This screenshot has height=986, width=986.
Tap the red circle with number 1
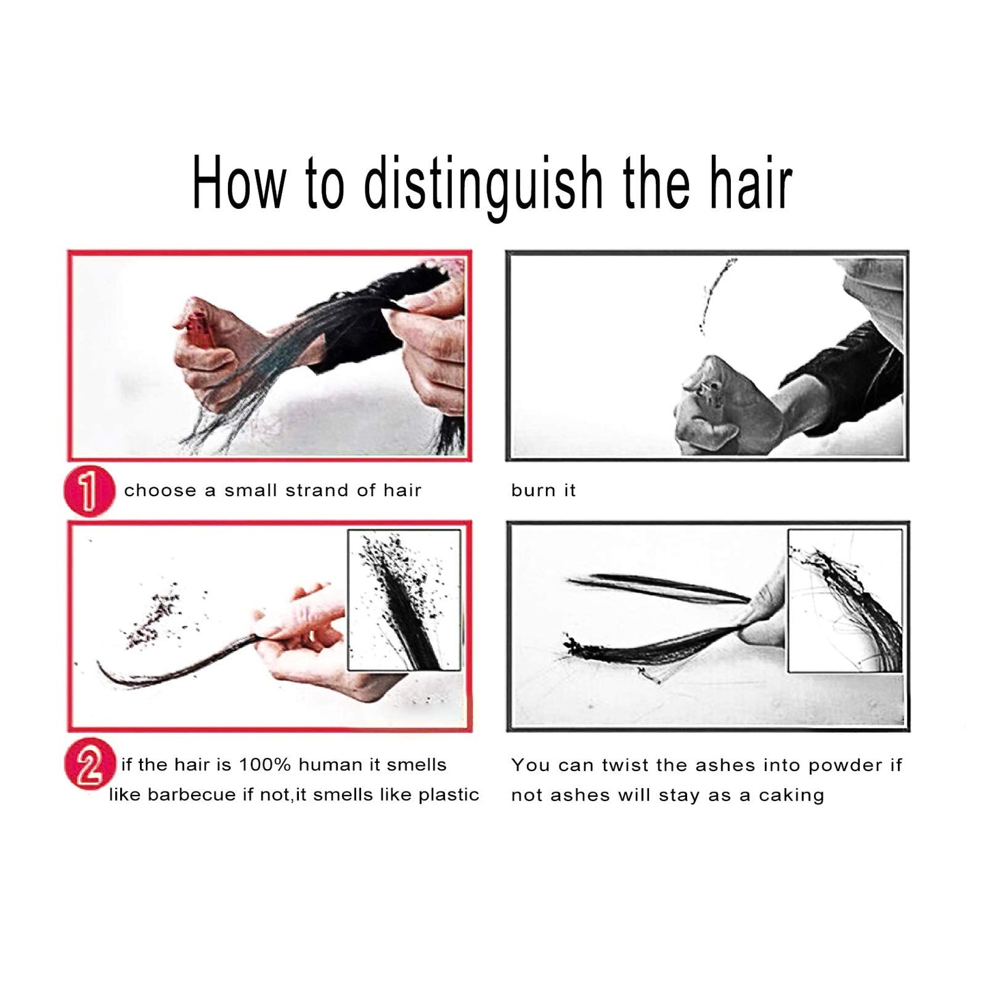click(x=89, y=491)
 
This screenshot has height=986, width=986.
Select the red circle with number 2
click(x=89, y=764)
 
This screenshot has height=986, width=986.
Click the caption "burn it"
click(x=543, y=490)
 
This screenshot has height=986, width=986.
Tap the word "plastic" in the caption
click(x=449, y=795)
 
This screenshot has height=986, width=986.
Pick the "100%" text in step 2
click(x=265, y=765)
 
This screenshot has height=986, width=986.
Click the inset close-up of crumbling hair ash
click(x=404, y=600)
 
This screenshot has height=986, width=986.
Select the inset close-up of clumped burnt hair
click(x=845, y=601)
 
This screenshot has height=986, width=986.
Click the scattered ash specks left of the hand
click(x=154, y=618)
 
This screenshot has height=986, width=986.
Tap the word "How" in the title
click(x=237, y=183)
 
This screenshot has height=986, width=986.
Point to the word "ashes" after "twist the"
click(x=717, y=766)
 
